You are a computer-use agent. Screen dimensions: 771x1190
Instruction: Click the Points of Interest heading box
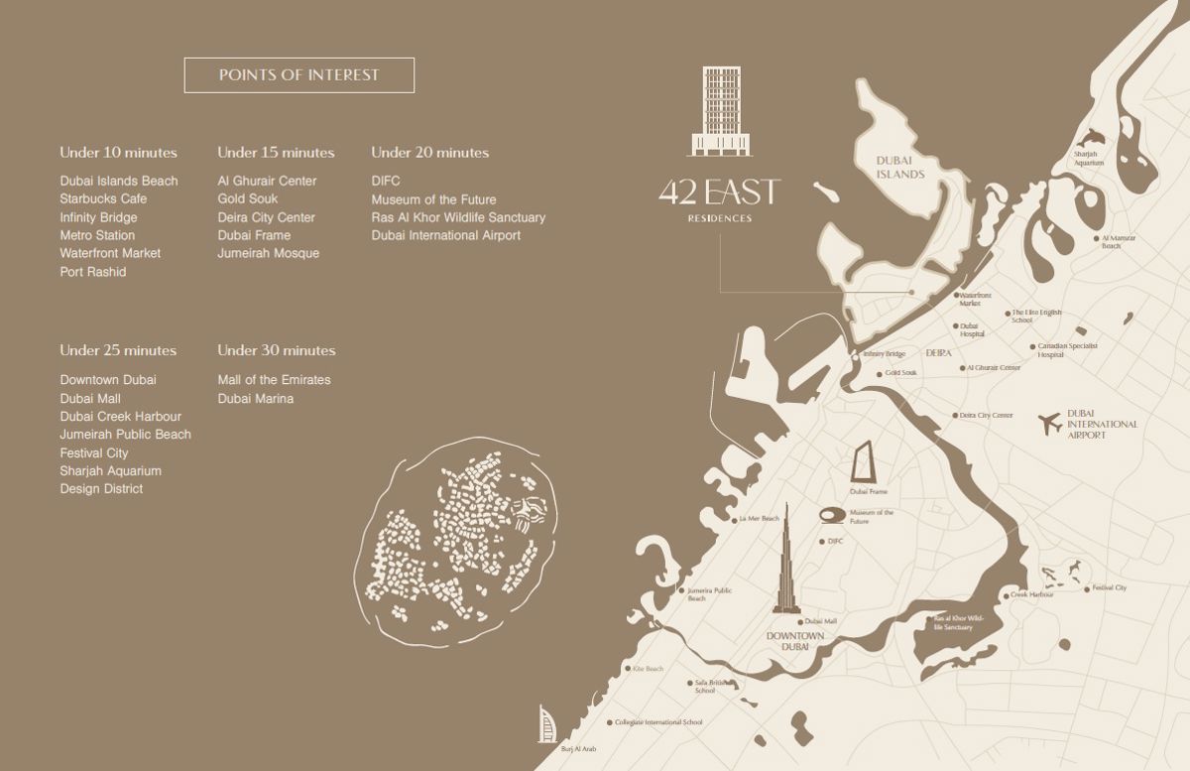click(298, 75)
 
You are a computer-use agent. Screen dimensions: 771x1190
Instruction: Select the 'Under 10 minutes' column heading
click(118, 153)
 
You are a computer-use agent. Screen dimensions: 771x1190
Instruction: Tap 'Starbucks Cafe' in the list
click(103, 198)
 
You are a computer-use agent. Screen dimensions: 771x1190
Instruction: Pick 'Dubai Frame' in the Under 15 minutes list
click(254, 235)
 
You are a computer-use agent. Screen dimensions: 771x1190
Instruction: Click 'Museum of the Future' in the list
click(433, 199)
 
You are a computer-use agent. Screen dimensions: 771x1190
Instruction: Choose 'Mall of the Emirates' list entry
click(274, 380)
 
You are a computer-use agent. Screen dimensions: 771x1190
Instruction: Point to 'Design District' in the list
click(101, 489)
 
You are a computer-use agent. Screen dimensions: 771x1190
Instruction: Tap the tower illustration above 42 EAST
click(721, 111)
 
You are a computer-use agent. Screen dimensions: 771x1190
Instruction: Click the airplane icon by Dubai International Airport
click(1049, 424)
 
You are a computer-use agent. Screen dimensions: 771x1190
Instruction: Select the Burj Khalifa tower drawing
click(785, 566)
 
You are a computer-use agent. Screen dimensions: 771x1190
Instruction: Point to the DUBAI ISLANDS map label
click(899, 168)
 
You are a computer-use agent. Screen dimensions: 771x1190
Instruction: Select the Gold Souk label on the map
click(900, 373)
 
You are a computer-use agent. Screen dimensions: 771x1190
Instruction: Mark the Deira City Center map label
click(986, 415)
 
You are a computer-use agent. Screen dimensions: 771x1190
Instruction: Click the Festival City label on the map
click(1108, 588)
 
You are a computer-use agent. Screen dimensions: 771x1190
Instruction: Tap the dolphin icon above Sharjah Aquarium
click(1091, 138)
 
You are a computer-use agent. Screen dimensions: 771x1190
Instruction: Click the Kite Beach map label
click(647, 670)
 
